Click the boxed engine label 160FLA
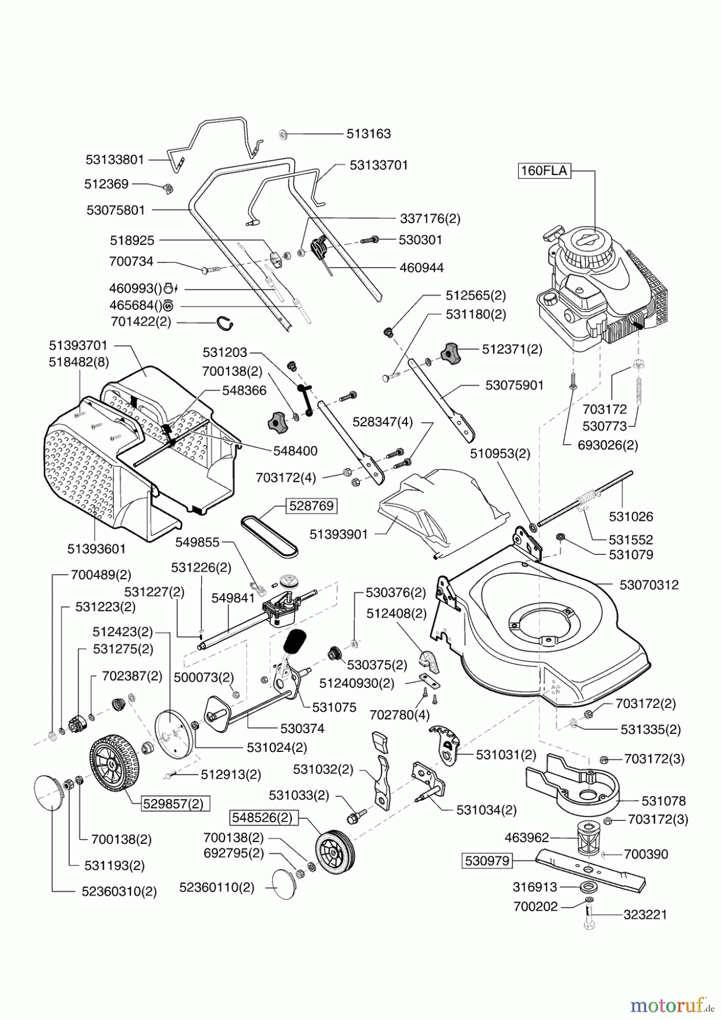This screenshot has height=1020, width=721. coord(544,171)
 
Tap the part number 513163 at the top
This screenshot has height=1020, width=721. coord(368,134)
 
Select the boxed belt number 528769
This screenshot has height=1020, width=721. coord(311,505)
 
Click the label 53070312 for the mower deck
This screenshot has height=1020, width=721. coord(649,585)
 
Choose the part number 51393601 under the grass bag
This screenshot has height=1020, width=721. coord(96,549)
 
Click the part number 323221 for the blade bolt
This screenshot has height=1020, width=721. coord(645,915)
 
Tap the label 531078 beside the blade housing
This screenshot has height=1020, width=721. coord(663,801)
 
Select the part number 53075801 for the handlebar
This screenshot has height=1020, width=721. coord(116,210)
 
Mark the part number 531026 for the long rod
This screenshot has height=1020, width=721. coord(631,516)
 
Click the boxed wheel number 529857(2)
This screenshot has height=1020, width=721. coord(169,804)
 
